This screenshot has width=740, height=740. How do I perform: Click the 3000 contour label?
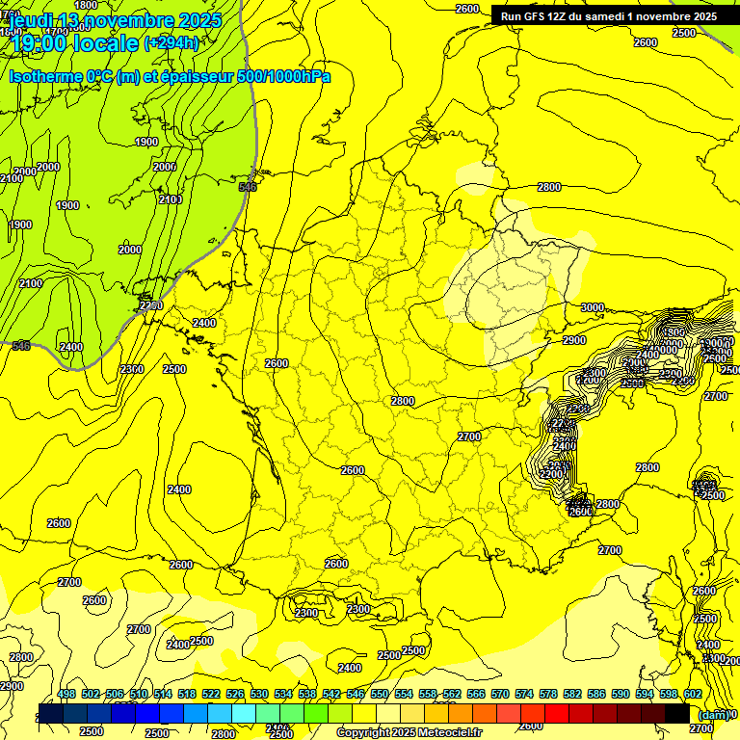592,307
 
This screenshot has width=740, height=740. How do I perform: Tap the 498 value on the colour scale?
66,695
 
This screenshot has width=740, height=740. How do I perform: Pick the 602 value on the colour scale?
693,695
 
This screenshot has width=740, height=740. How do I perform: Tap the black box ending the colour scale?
677,714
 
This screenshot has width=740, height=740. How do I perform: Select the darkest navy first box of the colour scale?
51,714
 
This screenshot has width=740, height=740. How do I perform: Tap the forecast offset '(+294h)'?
172,43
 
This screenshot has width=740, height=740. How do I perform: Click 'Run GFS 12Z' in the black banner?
540,16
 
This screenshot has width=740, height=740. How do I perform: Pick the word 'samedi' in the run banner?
611,16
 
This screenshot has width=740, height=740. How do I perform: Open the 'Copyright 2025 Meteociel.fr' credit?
410,733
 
